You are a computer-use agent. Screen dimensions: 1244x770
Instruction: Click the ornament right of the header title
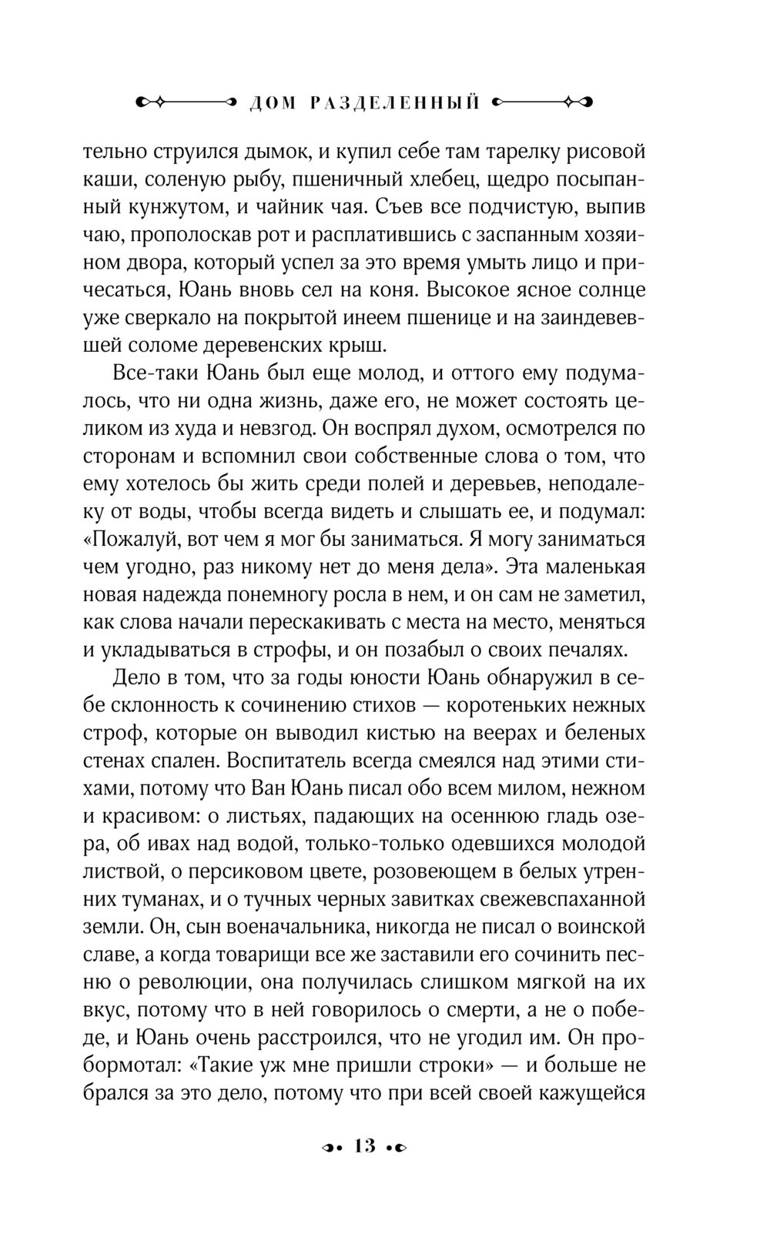[x=544, y=102]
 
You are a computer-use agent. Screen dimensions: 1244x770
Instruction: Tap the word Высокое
[x=472, y=291]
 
